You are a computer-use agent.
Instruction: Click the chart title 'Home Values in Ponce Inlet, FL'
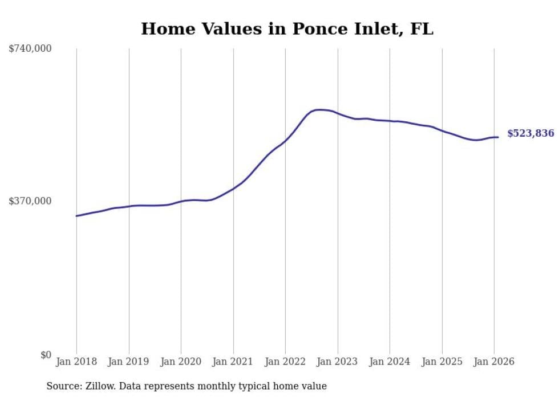[x=287, y=29]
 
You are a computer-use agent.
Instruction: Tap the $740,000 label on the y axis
[x=30, y=49]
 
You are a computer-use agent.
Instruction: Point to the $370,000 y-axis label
[x=30, y=201]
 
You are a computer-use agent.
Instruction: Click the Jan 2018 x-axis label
[x=76, y=362]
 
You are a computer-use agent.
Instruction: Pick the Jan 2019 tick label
[x=129, y=362]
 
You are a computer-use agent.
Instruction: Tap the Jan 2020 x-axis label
[x=181, y=362]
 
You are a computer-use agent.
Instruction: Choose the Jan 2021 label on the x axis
[x=233, y=362]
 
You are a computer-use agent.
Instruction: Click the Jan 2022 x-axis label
[x=285, y=362]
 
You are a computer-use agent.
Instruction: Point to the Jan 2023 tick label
[x=338, y=362]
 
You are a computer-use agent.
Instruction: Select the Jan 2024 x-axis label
[x=390, y=362]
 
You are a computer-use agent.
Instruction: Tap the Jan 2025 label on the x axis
[x=442, y=362]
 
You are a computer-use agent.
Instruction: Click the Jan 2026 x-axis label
[x=494, y=362]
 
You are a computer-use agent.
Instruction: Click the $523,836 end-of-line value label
[x=530, y=134]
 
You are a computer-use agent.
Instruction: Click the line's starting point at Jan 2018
[x=76, y=216]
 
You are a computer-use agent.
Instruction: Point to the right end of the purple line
[x=498, y=137]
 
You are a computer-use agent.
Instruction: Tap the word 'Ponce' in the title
[x=317, y=29]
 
